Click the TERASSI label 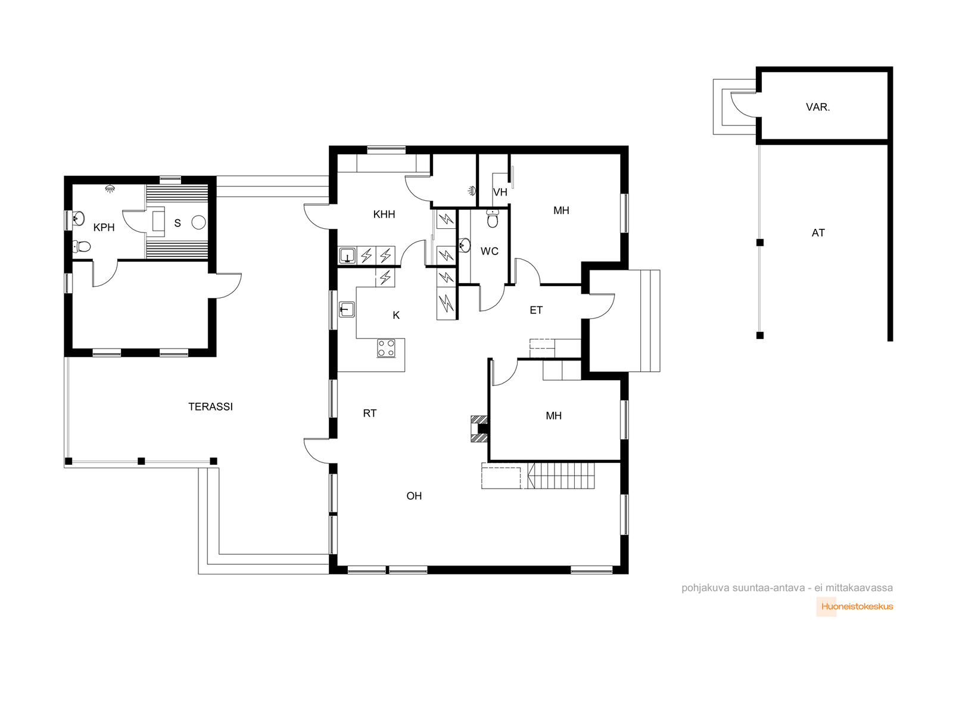click(210, 407)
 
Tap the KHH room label click(384, 214)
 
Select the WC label click(490, 251)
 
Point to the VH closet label click(500, 192)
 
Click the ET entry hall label click(536, 310)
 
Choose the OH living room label click(414, 496)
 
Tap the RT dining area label click(370, 414)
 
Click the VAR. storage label click(818, 107)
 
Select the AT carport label click(818, 233)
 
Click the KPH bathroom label click(104, 228)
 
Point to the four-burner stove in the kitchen click(386, 348)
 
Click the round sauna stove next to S click(198, 222)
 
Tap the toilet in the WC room click(493, 218)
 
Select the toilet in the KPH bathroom click(81, 247)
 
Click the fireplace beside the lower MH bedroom click(479, 429)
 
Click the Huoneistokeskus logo click(855, 607)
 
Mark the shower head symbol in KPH click(110, 188)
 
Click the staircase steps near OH click(560, 476)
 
